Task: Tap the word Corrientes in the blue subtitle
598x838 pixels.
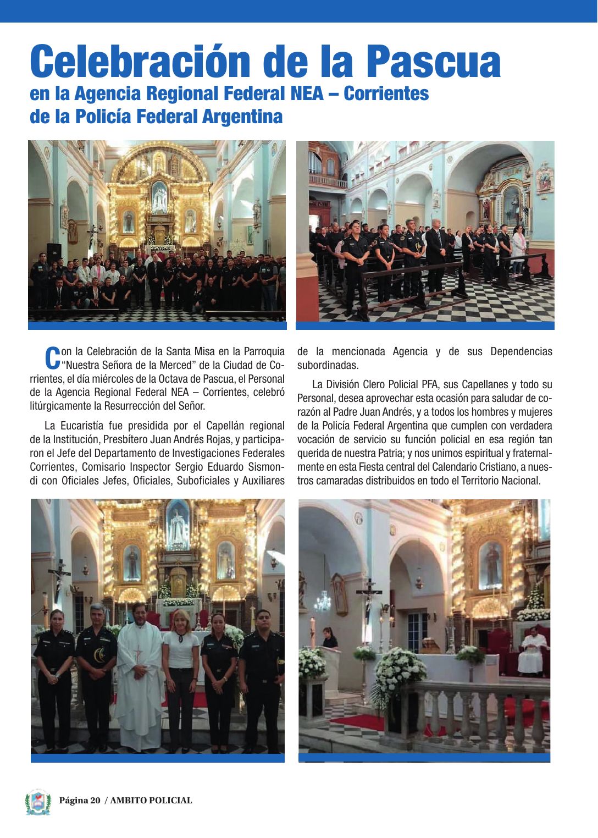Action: pos(386,94)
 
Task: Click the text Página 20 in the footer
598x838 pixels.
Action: pos(80,801)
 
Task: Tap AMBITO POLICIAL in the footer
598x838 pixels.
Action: pos(151,801)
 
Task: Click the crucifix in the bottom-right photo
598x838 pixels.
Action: pos(368,597)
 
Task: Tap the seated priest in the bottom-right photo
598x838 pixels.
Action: pos(533,652)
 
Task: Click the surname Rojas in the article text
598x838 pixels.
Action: pos(219,439)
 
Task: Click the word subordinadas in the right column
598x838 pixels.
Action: pos(328,365)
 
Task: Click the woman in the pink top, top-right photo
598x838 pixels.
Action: pos(518,247)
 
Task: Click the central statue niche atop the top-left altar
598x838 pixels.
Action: pos(159,197)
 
